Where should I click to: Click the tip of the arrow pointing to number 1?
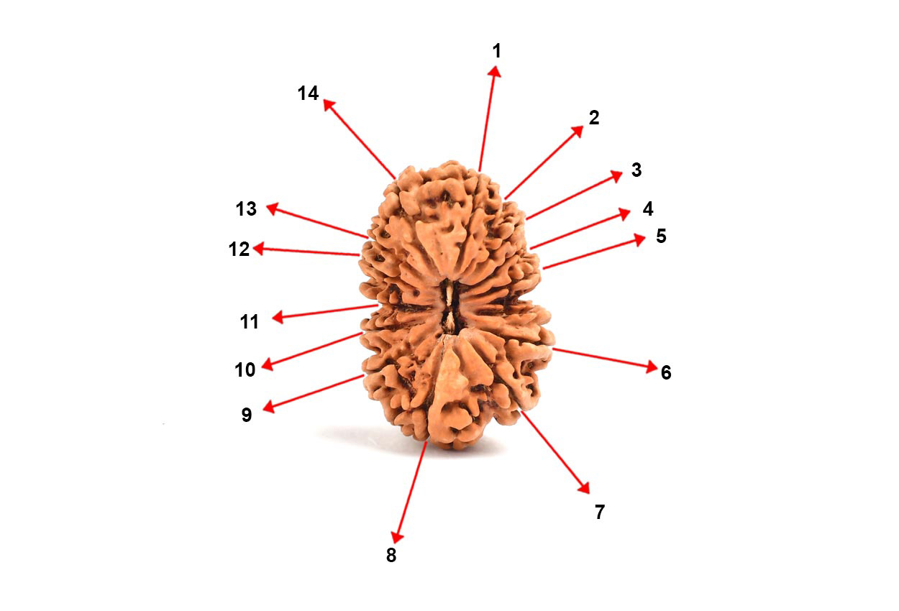[496, 67]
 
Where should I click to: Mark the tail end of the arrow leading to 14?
[395, 178]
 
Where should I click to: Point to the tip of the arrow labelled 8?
[396, 543]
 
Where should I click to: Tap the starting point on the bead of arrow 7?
[521, 412]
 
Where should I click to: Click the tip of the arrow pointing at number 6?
[657, 368]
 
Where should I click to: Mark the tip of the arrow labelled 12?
[253, 248]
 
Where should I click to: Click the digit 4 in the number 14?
[313, 93]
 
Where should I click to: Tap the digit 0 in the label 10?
[250, 369]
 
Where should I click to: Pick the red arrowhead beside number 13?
[273, 208]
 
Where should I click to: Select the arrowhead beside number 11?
[278, 317]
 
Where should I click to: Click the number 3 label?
[636, 170]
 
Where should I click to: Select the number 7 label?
[600, 512]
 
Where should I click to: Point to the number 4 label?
[648, 208]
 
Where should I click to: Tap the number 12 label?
[239, 249]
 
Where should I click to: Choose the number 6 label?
[666, 372]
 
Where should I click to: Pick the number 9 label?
[247, 415]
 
